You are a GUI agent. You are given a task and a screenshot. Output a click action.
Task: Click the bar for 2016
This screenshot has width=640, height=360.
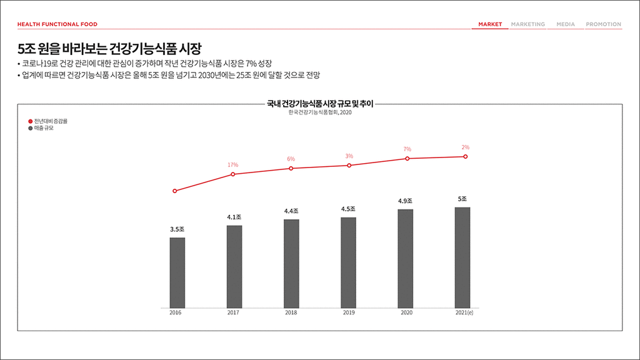click(x=177, y=272)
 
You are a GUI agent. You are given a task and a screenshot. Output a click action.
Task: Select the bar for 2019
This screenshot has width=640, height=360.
click(x=348, y=262)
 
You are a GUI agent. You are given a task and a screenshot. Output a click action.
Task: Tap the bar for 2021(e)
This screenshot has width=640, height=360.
click(x=462, y=257)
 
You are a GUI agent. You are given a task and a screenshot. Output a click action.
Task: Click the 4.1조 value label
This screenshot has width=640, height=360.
click(x=234, y=217)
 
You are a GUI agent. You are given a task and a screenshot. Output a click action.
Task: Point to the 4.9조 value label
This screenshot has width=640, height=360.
click(x=405, y=201)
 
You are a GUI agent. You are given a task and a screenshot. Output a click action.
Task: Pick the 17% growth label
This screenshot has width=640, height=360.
click(x=232, y=165)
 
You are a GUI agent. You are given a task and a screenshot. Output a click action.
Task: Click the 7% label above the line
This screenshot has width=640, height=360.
click(x=407, y=149)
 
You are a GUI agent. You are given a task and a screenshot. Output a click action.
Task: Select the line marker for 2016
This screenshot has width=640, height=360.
click(x=175, y=191)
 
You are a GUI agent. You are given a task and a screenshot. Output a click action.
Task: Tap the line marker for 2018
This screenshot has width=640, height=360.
click(x=291, y=169)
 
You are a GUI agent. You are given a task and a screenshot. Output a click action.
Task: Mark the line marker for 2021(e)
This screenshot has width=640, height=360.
click(x=466, y=157)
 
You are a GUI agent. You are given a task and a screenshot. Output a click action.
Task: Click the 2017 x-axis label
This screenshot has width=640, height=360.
click(x=233, y=312)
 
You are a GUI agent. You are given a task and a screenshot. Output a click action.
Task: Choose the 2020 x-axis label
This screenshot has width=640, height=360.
click(x=406, y=312)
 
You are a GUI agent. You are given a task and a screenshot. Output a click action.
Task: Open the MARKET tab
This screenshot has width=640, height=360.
click(x=490, y=24)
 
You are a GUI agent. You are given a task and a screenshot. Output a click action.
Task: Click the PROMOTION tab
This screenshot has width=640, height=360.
click(x=603, y=24)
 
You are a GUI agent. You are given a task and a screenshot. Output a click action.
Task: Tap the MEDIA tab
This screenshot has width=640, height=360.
click(x=565, y=24)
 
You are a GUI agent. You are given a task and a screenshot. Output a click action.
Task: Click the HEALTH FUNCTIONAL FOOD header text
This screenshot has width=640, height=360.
click(x=57, y=24)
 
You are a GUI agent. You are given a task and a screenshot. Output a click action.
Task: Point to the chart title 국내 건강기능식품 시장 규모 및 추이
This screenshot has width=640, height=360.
click(x=319, y=104)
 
